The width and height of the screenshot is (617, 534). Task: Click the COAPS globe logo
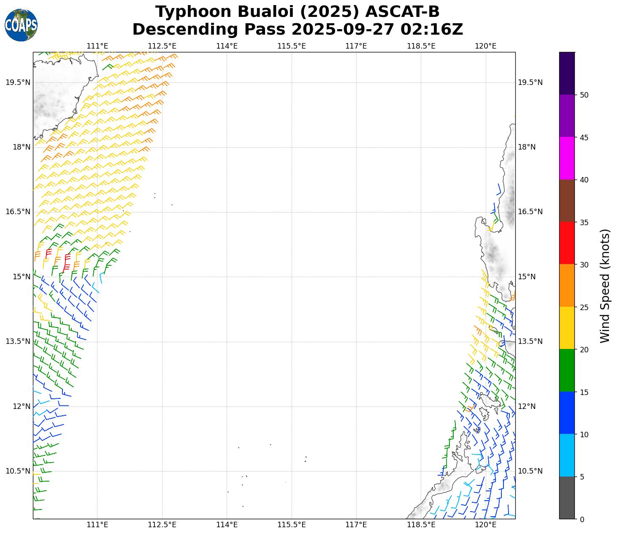click(21, 25)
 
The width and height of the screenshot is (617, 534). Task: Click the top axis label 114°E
click(227, 46)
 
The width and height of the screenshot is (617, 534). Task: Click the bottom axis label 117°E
click(356, 525)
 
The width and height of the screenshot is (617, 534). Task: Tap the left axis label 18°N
click(22, 147)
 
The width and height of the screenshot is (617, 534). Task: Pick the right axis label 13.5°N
click(530, 341)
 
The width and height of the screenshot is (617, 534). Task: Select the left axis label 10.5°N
click(18, 471)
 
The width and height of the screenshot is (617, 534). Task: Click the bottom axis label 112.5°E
click(162, 525)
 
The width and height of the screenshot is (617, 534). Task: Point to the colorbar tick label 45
click(584, 138)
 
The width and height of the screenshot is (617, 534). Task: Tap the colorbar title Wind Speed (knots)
click(605, 286)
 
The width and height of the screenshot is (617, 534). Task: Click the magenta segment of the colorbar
click(567, 158)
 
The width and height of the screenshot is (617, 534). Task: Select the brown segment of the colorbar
click(567, 201)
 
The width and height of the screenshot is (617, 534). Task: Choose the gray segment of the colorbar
click(567, 498)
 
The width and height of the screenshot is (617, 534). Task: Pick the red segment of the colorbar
click(567, 243)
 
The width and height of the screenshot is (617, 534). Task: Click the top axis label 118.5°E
click(421, 46)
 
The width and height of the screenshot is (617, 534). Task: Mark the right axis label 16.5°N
click(530, 212)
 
